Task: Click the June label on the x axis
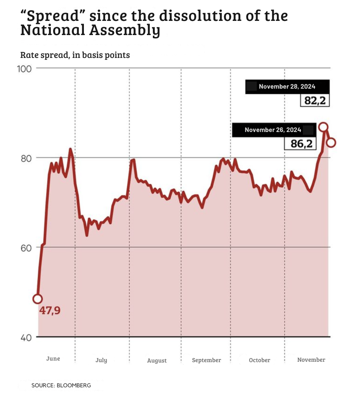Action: tap(53, 359)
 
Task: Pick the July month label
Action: tap(101, 360)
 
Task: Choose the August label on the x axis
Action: tap(157, 361)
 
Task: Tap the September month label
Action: tap(206, 360)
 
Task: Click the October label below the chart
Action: tap(260, 360)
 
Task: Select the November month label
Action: tap(311, 360)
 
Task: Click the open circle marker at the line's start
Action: tap(37, 299)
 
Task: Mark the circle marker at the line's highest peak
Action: tap(323, 127)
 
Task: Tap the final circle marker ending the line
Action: tap(331, 143)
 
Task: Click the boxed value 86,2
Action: tap(301, 144)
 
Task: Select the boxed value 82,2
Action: tap(315, 100)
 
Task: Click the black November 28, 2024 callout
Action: tap(287, 87)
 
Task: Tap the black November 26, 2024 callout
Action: tap(273, 130)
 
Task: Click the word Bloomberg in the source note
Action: tap(74, 385)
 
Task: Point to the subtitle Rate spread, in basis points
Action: tap(75, 55)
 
